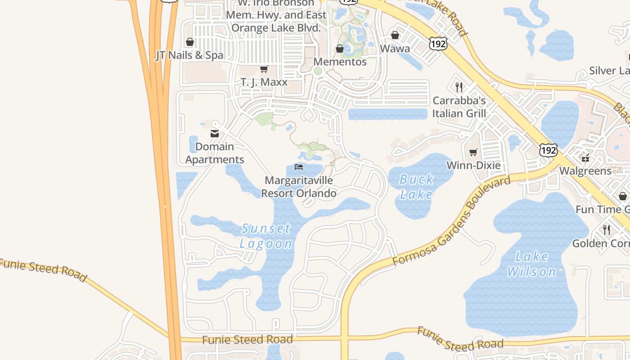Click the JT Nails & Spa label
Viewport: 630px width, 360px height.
click(189, 55)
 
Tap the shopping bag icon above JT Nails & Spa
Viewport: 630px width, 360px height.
click(190, 42)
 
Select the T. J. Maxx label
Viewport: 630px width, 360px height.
click(264, 82)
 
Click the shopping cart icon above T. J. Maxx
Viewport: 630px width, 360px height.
click(264, 69)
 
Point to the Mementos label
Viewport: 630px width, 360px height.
click(340, 62)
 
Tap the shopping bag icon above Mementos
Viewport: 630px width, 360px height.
click(340, 49)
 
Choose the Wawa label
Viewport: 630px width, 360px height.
click(395, 48)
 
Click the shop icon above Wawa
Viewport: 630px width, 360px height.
click(395, 35)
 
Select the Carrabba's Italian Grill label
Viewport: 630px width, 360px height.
click(459, 107)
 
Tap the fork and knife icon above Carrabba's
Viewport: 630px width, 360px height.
click(459, 87)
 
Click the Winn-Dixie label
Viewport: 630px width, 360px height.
click(473, 165)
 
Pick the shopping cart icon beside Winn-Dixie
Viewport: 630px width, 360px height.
click(473, 153)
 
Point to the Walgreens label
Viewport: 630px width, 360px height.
click(585, 171)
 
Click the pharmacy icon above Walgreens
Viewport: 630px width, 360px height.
click(585, 157)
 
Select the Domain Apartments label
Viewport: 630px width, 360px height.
click(215, 153)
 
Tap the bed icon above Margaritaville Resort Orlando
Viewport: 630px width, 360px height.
click(299, 167)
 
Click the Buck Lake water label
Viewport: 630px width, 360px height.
click(416, 187)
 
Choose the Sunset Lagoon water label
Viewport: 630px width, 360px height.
click(266, 236)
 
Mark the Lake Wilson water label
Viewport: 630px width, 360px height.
click(531, 264)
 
